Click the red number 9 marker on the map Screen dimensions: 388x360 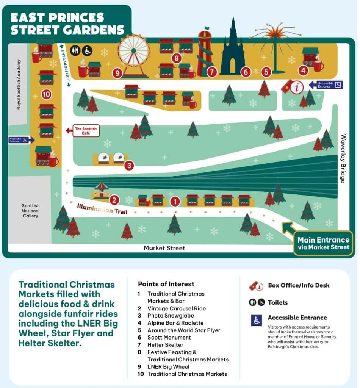117,73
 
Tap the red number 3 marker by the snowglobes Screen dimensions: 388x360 129,166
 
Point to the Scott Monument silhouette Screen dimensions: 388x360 232,49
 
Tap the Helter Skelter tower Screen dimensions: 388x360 205,53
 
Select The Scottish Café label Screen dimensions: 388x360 86,131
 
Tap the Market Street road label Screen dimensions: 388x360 164,248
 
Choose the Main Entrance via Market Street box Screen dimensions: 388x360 323,243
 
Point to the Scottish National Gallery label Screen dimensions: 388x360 30,211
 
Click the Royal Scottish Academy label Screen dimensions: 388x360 18,84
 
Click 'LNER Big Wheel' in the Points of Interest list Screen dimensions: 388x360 168,366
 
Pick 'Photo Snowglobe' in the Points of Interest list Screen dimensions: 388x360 171,316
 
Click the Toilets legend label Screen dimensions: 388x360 278,302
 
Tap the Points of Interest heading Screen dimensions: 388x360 166,284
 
